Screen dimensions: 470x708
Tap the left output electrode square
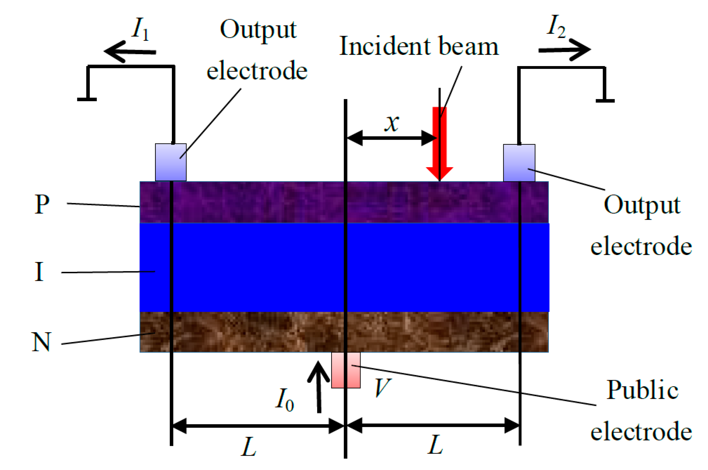171,162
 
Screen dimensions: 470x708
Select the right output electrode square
519,163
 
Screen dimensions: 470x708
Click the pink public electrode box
346,370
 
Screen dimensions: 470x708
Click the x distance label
392,123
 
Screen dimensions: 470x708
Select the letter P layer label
42,204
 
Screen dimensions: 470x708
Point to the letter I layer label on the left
39,272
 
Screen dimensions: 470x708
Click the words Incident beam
419,46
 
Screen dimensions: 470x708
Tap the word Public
642,390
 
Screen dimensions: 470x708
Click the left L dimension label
249,447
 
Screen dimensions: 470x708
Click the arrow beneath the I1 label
130,51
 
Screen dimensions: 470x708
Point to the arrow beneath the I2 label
564,50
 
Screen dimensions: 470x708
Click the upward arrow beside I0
318,387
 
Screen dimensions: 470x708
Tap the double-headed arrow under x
392,138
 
